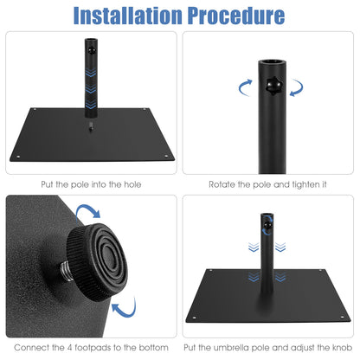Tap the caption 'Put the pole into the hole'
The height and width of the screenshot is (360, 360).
click(x=91, y=184)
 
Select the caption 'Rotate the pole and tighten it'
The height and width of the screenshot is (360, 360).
click(x=268, y=184)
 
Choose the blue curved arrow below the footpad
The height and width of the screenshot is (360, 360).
click(x=125, y=308)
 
